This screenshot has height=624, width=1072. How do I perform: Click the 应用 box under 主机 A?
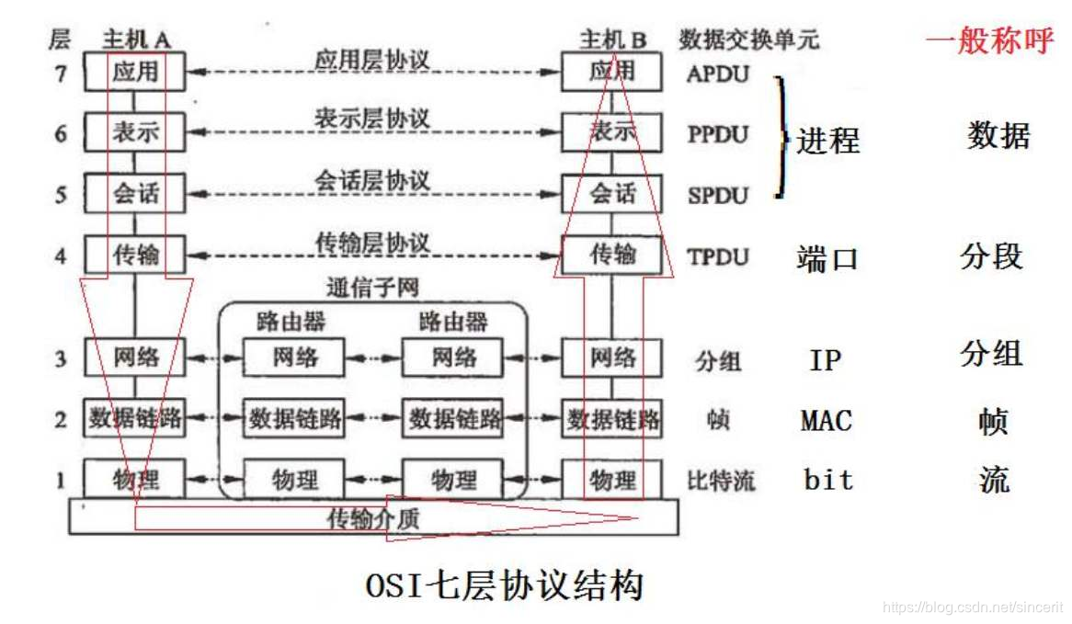(135, 72)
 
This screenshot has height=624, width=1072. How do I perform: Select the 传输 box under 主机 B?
(612, 253)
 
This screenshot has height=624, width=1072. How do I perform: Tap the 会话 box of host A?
(135, 193)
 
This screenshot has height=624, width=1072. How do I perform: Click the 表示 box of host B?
(612, 132)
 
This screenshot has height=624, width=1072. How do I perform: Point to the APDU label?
(718, 74)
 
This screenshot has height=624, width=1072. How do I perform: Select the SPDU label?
(718, 195)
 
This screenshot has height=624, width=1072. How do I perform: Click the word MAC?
(826, 421)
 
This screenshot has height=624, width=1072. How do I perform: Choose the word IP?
(825, 360)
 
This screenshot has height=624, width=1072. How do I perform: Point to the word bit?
(828, 480)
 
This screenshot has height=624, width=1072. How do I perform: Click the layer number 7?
(61, 74)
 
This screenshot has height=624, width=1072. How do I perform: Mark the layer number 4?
(61, 255)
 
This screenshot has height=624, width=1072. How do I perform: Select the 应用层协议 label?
(372, 58)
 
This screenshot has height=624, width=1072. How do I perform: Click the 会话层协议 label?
(372, 180)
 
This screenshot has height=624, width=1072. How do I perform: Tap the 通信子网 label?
(372, 288)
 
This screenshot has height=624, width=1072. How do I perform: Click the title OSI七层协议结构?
(503, 585)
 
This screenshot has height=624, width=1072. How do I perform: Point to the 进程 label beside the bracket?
(827, 141)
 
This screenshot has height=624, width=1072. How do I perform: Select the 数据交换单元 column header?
(748, 40)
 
